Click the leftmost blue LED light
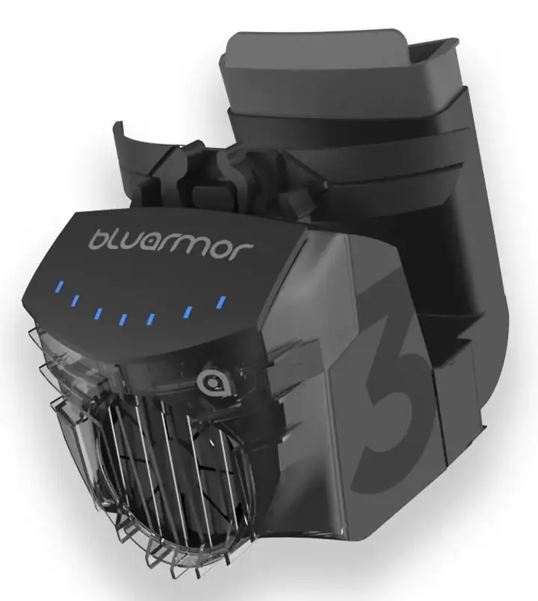click(60, 286)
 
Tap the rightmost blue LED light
click(220, 302)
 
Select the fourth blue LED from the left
click(123, 319)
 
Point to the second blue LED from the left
click(75, 300)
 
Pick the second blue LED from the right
click(188, 312)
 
